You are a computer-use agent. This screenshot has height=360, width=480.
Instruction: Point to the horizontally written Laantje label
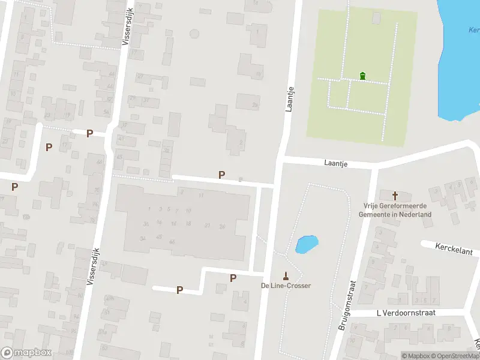click(x=335, y=163)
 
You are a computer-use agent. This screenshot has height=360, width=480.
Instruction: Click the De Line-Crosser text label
click(x=286, y=286)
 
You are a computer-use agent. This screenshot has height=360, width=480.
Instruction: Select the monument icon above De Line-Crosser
click(x=286, y=276)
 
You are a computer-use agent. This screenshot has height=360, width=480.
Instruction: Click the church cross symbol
click(x=395, y=196)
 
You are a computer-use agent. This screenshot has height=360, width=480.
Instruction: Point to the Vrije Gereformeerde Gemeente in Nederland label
click(x=395, y=210)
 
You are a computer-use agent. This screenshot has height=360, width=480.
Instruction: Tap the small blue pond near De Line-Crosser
click(x=307, y=244)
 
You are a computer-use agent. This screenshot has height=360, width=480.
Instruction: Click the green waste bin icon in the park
click(x=362, y=76)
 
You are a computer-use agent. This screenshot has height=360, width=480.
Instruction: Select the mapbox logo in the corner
click(x=26, y=353)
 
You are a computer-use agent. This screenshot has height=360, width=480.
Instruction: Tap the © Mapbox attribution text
click(x=416, y=356)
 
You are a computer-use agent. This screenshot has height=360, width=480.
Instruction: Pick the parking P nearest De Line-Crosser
click(x=233, y=278)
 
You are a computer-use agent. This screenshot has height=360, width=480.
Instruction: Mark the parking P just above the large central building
click(x=222, y=175)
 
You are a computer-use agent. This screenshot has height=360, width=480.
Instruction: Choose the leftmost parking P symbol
click(x=14, y=187)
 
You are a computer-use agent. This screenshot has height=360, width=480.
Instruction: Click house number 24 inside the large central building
click(x=222, y=226)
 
